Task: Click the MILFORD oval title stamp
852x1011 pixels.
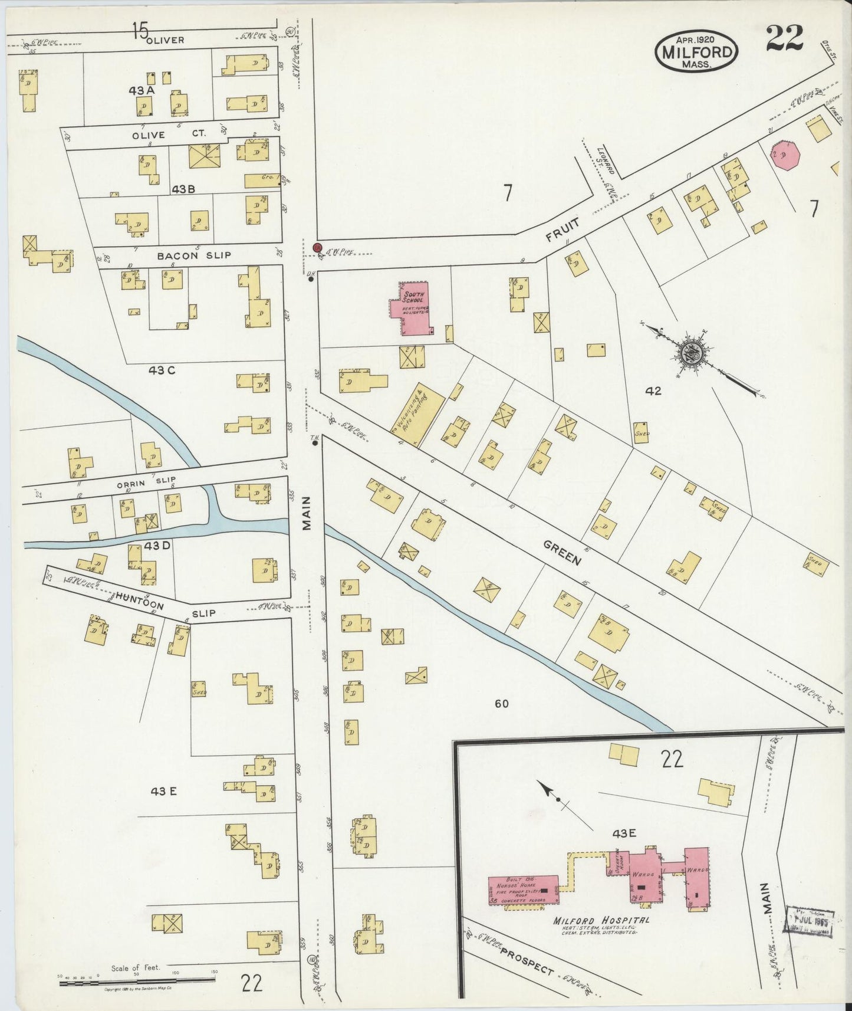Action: tap(696, 51)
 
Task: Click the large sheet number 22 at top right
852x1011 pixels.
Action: tap(785, 39)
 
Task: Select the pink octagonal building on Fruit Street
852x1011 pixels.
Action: tap(784, 155)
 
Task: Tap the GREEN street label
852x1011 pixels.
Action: tap(562, 551)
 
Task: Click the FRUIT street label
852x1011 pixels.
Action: tap(562, 229)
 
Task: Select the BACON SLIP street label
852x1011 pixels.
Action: tap(186, 256)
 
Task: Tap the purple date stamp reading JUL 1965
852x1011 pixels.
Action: tap(808, 920)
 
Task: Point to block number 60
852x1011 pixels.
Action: tap(502, 703)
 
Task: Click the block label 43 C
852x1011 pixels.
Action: tap(162, 370)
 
